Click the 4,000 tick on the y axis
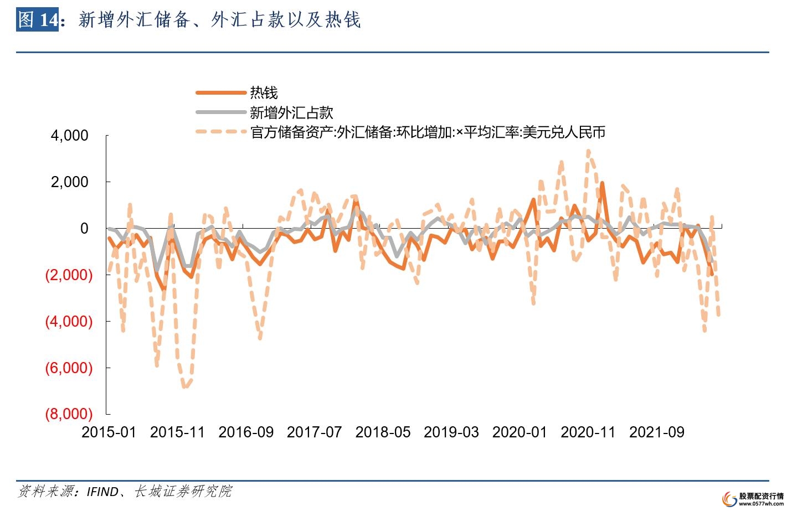point(69,136)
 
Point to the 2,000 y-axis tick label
point(69,182)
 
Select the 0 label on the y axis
point(84,229)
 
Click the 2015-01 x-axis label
point(109,432)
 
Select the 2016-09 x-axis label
point(246,432)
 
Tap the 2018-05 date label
point(383,432)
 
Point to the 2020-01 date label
point(519,432)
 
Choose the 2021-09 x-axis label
point(656,432)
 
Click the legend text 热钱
point(264,92)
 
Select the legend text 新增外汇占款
point(291,112)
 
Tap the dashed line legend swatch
point(220,132)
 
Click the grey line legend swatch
point(220,112)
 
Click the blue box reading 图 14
point(37,20)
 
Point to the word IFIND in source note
point(102,492)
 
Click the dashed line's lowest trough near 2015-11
point(185,386)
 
